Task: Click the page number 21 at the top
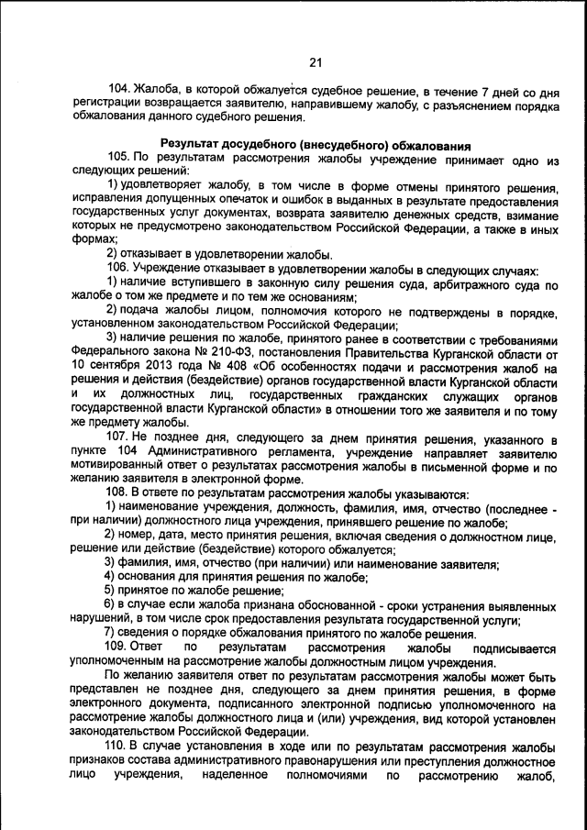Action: tap(316, 62)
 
